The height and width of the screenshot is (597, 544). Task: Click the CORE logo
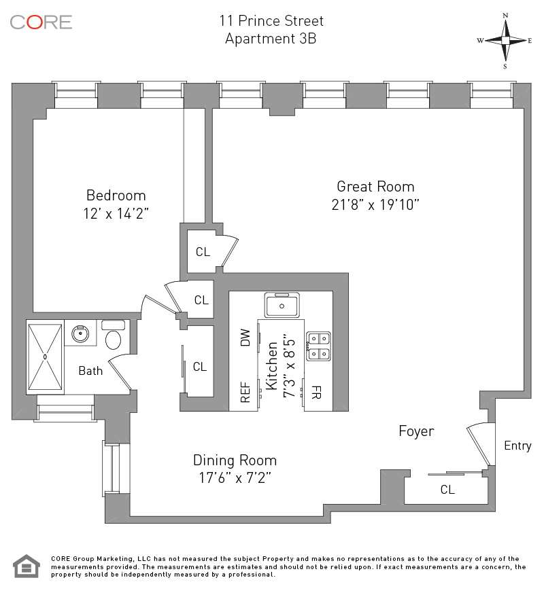point(41,22)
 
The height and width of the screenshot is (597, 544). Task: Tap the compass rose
point(505,40)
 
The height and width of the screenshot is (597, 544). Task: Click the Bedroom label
point(116,196)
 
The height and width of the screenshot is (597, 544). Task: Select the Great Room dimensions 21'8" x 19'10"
point(375,205)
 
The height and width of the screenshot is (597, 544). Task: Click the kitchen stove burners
point(319,346)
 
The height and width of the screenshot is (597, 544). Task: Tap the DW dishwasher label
point(245,338)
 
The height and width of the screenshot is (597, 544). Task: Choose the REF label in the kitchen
point(245,392)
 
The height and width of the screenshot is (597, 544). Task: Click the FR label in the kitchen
point(316,392)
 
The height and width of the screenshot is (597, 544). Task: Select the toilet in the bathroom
point(113,336)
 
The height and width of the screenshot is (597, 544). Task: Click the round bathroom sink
point(80,334)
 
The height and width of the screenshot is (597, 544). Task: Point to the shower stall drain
point(45,357)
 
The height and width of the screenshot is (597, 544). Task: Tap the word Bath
point(90,371)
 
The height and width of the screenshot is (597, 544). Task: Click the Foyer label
point(416,431)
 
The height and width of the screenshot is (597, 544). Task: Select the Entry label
point(517,446)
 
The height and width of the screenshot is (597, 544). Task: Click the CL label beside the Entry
point(447,489)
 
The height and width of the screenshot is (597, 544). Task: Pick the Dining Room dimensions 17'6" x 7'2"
point(235,477)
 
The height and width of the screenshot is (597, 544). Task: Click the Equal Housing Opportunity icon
point(27,566)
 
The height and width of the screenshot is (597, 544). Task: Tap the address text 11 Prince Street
point(271,21)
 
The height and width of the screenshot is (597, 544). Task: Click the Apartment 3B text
point(271,39)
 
